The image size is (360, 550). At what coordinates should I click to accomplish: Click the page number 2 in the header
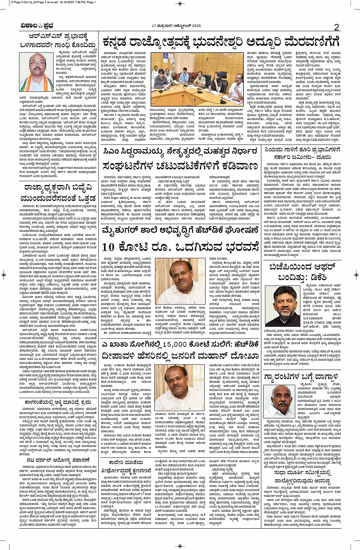336,27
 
